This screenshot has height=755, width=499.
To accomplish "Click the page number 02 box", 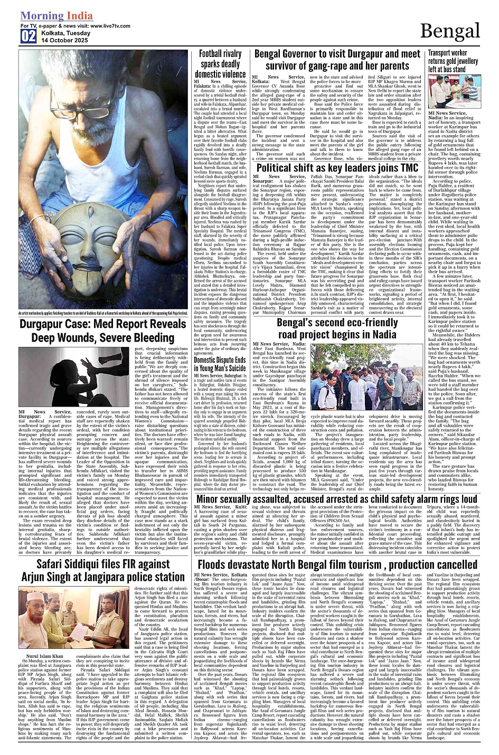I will [x=28, y=36].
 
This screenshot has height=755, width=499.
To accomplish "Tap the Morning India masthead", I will [x=56, y=16].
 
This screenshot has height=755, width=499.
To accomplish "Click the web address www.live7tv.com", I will [x=110, y=25].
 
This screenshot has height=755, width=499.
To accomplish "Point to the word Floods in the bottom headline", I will [x=216, y=564].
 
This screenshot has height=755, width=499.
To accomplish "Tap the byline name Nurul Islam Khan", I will [x=44, y=656].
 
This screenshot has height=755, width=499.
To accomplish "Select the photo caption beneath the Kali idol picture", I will [x=103, y=314].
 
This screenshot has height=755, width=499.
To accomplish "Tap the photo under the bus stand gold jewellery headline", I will [x=454, y=92].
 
